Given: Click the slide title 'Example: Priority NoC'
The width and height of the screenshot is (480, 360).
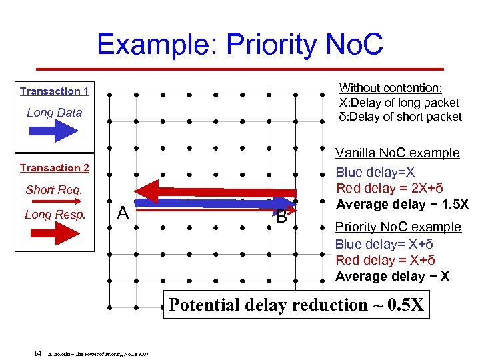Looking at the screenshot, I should tap(240, 44).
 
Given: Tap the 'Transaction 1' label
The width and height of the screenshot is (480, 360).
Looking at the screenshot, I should tap(54, 91).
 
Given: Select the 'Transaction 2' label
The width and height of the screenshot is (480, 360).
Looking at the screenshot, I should tap(54, 168).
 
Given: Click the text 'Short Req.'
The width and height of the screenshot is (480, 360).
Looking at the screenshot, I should tap(54, 190).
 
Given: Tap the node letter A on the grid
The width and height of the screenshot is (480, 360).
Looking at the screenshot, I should tap(123, 213).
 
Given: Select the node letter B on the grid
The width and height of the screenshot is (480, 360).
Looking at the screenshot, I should tap(281, 217).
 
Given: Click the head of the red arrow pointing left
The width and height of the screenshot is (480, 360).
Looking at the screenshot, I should tap(149, 191).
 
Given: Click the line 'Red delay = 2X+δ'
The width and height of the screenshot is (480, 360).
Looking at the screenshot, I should tap(382, 189).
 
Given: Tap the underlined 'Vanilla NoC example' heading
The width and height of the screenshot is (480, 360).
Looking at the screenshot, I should tap(397, 153).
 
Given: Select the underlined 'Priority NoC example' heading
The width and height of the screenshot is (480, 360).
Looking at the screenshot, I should tap(398, 227).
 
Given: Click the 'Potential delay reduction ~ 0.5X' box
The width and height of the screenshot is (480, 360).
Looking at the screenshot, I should tap(296, 305).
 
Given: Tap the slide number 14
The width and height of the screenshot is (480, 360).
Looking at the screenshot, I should tap(38, 352).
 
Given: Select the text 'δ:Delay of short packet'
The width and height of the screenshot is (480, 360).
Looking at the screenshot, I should tap(400, 117).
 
